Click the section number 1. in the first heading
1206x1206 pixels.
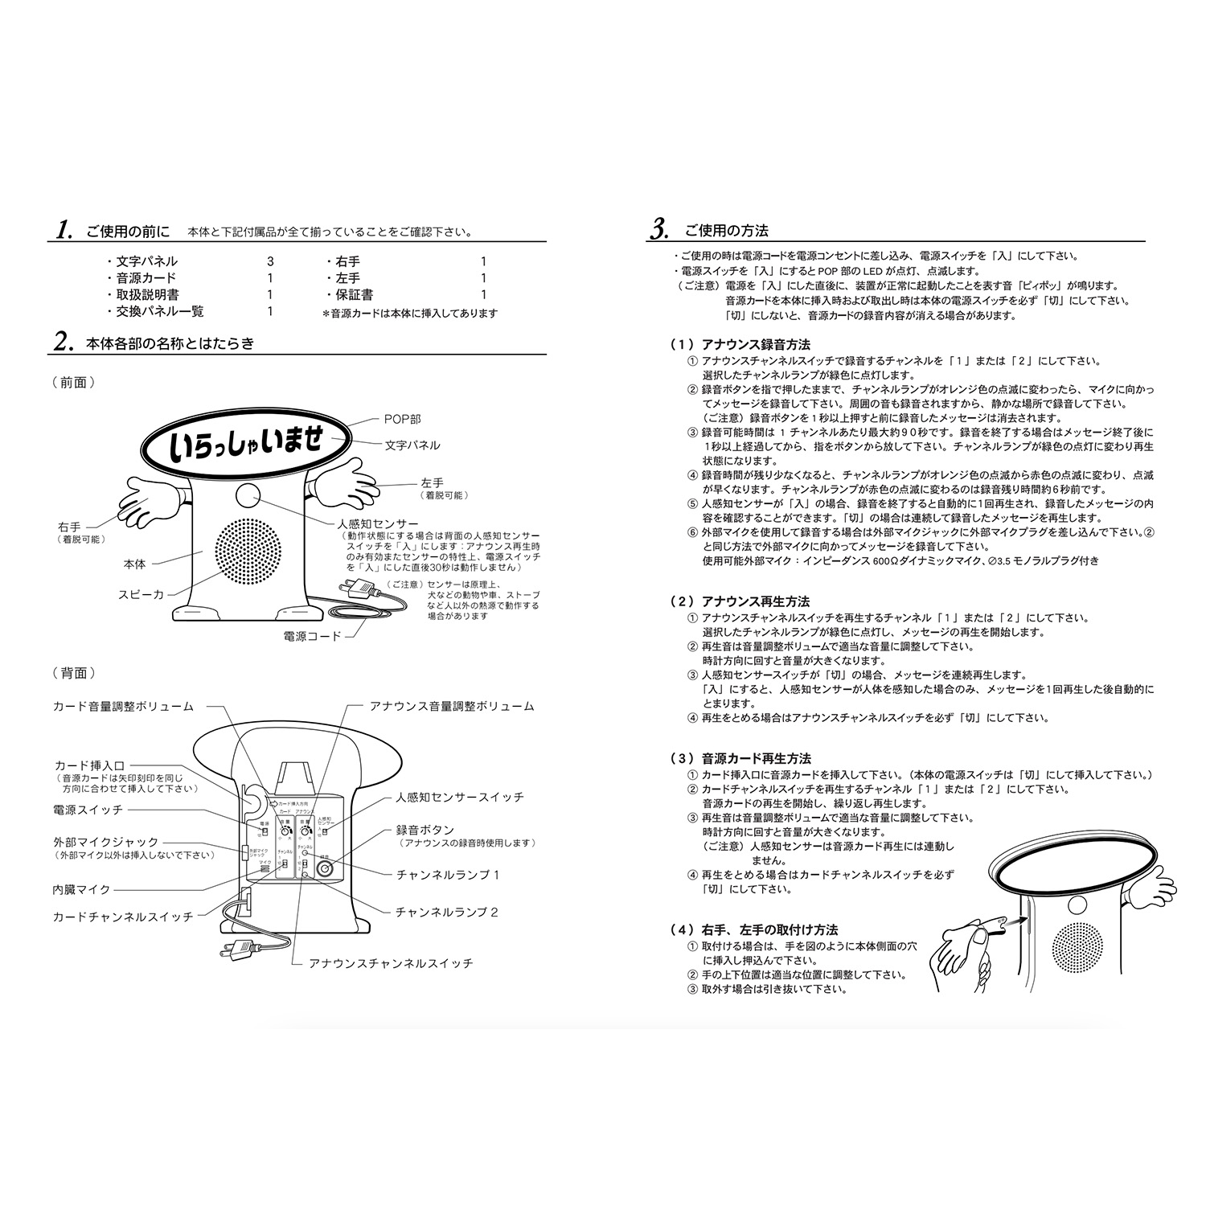pyautogui.click(x=64, y=230)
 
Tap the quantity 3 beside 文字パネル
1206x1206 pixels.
pyautogui.click(x=270, y=261)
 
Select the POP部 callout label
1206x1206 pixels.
pyautogui.click(x=402, y=419)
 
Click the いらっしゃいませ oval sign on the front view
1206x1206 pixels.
pyautogui.click(x=247, y=445)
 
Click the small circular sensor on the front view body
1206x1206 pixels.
pyautogui.click(x=248, y=494)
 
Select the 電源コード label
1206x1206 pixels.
pyautogui.click(x=312, y=635)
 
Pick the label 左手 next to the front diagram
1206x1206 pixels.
pyautogui.click(x=432, y=483)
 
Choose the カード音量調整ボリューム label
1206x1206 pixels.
pyautogui.click(x=123, y=706)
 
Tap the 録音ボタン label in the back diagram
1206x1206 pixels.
pyautogui.click(x=425, y=829)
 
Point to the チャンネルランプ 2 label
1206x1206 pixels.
pyautogui.click(x=447, y=912)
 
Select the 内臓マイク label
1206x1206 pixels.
pyautogui.click(x=82, y=889)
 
